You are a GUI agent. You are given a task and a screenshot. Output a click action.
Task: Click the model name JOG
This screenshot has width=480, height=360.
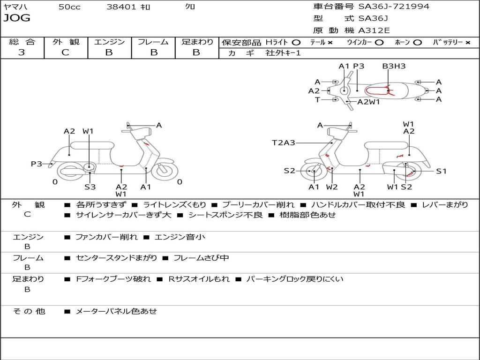point(17,18)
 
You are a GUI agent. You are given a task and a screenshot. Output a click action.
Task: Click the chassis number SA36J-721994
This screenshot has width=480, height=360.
point(394,6)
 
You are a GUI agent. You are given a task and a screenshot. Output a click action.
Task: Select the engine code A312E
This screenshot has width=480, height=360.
point(374,30)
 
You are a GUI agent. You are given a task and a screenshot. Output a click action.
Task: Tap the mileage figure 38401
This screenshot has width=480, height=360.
point(121,7)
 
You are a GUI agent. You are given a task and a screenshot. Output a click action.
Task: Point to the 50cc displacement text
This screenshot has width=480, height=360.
point(69,7)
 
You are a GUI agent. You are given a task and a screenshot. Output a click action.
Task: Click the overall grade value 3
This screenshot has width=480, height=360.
point(22,52)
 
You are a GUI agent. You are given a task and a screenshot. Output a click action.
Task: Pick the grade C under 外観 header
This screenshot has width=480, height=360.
point(66,52)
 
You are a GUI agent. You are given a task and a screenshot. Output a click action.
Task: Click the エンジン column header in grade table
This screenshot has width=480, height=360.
point(109,42)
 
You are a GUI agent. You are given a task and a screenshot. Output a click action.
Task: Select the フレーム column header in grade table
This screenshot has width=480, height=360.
point(153,42)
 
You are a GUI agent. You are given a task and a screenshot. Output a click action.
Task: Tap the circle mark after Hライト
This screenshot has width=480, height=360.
point(296,43)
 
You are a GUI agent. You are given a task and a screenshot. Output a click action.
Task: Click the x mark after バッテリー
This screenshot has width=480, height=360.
point(468,43)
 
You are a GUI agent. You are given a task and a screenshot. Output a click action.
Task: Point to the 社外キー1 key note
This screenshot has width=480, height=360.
point(283,53)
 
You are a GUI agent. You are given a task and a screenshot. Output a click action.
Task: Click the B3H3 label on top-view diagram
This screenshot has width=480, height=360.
point(394,66)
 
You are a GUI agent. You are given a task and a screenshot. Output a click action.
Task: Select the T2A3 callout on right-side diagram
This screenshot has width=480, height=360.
point(284,142)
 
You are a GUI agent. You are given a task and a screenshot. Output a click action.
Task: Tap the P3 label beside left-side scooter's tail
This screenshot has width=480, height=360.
point(37,164)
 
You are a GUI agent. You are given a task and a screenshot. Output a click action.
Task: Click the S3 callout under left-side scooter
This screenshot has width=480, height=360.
point(90,187)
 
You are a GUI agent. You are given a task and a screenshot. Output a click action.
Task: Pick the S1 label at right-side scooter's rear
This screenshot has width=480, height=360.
point(441,171)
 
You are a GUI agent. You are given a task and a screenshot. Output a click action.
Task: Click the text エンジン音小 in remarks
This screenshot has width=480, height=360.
point(180,237)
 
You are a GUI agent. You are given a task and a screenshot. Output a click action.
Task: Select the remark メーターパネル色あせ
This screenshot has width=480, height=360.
point(116,311)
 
